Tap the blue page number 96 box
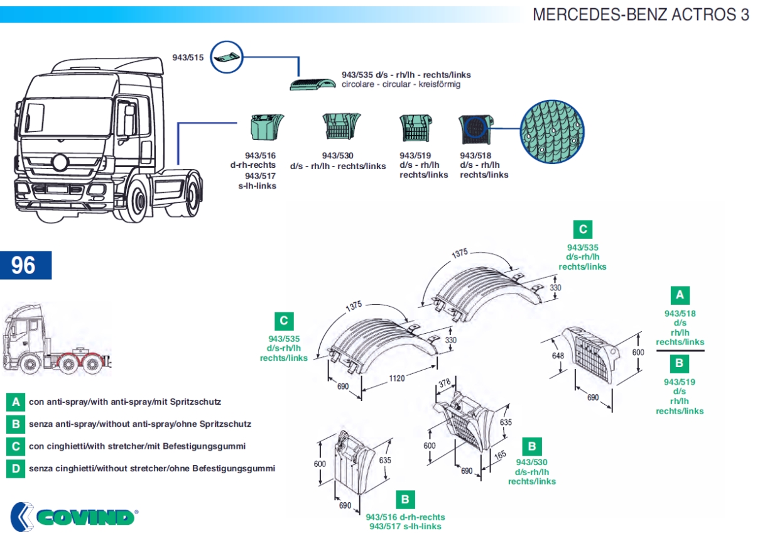[26, 265]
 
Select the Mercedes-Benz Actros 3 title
[641, 14]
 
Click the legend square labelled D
[16, 468]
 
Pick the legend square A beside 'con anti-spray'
[16, 402]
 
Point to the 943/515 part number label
[188, 57]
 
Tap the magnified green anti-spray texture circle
[552, 132]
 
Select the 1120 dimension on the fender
[396, 378]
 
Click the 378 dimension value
[445, 383]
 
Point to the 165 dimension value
[500, 455]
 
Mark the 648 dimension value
[558, 356]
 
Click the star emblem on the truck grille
[61, 162]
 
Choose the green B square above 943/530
[531, 446]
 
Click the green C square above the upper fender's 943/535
[583, 229]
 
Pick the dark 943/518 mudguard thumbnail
[476, 129]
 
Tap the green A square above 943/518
[680, 295]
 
